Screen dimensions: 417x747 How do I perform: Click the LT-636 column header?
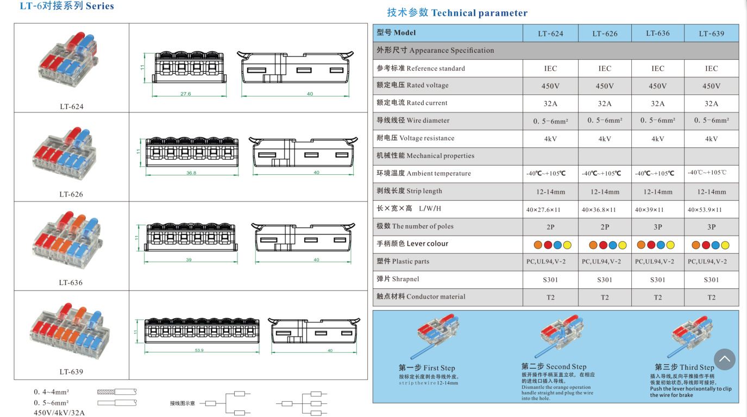pos(657,33)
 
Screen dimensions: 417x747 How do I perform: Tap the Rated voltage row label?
pos(412,85)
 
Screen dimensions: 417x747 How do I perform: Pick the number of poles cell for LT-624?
pos(550,227)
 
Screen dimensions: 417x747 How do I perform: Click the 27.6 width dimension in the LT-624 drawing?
pos(185,94)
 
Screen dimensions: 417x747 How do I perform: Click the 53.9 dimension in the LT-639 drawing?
pos(199,350)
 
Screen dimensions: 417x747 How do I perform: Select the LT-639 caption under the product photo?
pos(71,372)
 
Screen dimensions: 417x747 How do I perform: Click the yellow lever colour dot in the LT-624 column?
pos(567,245)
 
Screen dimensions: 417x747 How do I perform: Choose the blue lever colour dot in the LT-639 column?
pos(715,245)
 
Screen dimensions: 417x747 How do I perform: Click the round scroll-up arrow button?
pos(724,359)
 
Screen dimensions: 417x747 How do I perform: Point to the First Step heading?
pos(426,368)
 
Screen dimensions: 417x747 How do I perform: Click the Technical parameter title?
pos(457,13)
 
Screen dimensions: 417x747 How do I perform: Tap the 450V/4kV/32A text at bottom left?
pos(59,412)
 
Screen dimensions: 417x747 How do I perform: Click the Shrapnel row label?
pos(398,279)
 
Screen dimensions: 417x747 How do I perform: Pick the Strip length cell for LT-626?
pos(605,192)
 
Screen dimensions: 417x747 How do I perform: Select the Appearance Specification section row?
pos(555,50)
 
